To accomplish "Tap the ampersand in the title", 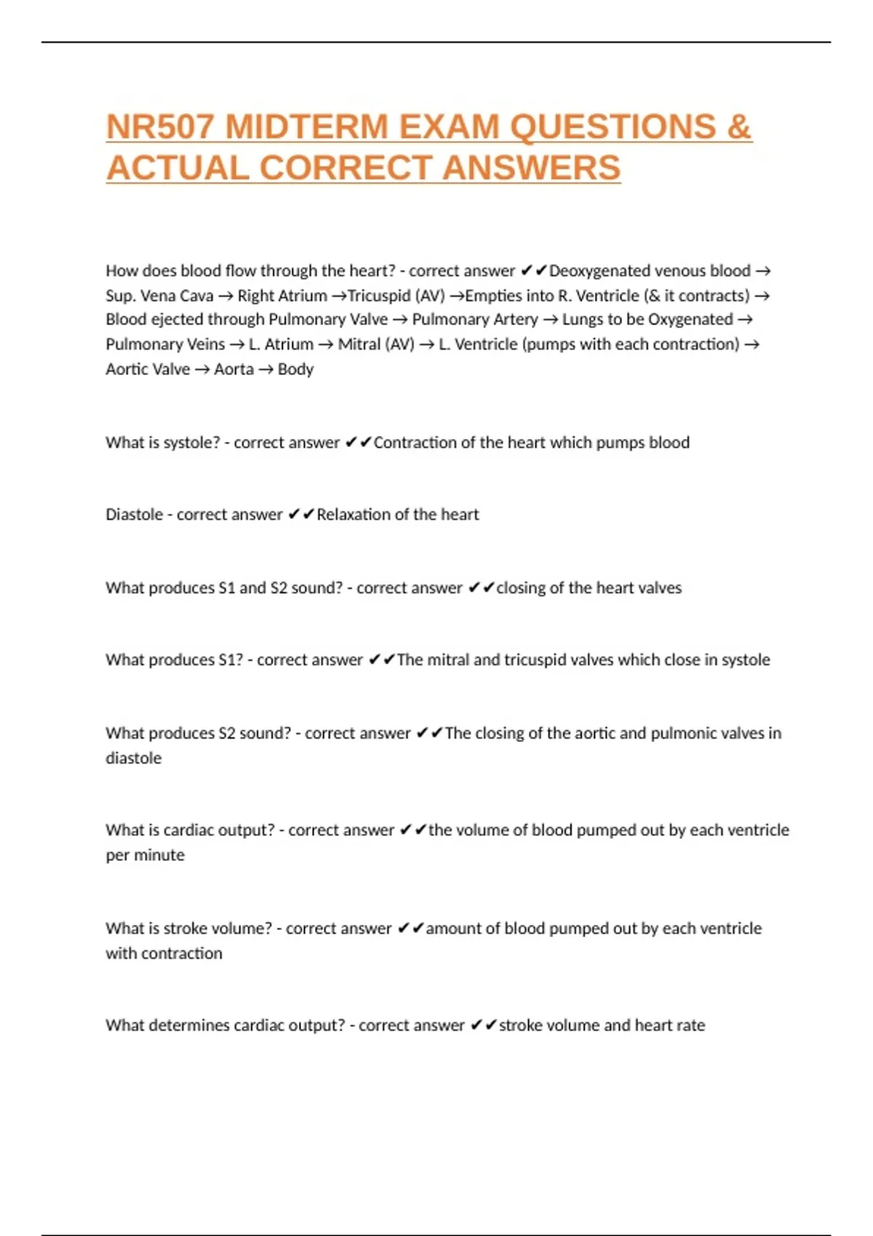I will tap(738, 127).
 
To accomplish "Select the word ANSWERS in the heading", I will tap(531, 169).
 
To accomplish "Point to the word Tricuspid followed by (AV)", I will tap(379, 296).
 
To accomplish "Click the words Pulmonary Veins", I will tap(165, 345).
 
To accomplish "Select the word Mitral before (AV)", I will tap(359, 345).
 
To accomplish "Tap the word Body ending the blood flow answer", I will tap(295, 369).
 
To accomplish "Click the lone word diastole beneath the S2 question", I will tap(134, 758).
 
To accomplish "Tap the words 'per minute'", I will tap(145, 856).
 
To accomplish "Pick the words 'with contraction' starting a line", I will tap(164, 954).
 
